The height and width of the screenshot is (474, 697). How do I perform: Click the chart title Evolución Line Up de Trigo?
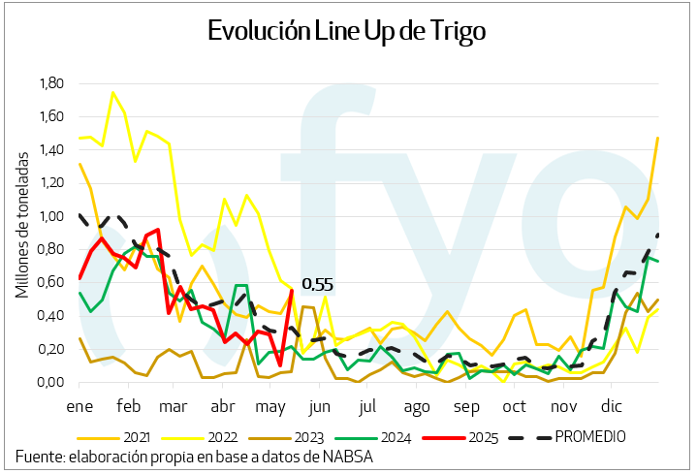[347, 30]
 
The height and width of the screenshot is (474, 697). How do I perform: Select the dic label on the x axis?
[613, 406]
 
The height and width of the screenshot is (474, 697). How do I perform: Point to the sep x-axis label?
[467, 406]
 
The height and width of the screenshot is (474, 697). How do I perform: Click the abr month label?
[223, 406]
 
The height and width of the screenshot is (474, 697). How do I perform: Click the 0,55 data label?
[317, 285]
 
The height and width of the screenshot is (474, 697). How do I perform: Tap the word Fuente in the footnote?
[38, 458]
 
